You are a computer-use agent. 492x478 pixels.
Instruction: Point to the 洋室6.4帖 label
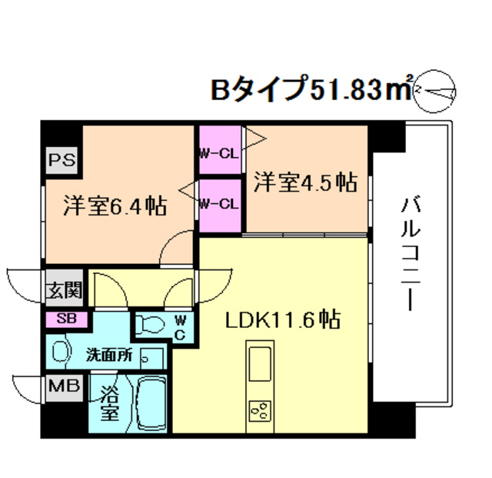click(x=115, y=206)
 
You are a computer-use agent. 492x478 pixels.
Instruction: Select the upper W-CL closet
click(x=221, y=152)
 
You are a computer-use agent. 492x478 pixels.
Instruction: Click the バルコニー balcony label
click(x=409, y=253)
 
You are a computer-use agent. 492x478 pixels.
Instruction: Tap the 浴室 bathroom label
click(x=110, y=403)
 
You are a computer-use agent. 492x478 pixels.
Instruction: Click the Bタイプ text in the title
click(x=260, y=90)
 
